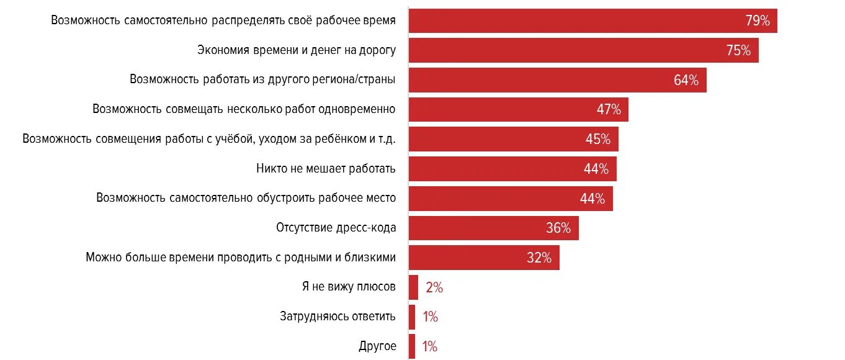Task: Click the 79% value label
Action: point(758,21)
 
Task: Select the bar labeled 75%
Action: point(583,50)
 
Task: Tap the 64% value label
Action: point(686,80)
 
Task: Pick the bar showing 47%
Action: point(518,109)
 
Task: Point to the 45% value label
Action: point(598,140)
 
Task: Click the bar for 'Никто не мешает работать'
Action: point(512,169)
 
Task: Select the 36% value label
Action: point(558,228)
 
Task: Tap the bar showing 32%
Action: point(484,258)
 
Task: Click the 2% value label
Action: point(434,287)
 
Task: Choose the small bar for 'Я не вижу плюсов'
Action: point(414,287)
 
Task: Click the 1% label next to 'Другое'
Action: point(430,346)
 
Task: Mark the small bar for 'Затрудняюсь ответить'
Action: point(412,317)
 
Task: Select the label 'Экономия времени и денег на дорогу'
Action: point(297,50)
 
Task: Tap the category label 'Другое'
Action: point(377,346)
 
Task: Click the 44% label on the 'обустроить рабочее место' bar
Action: point(592,199)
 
